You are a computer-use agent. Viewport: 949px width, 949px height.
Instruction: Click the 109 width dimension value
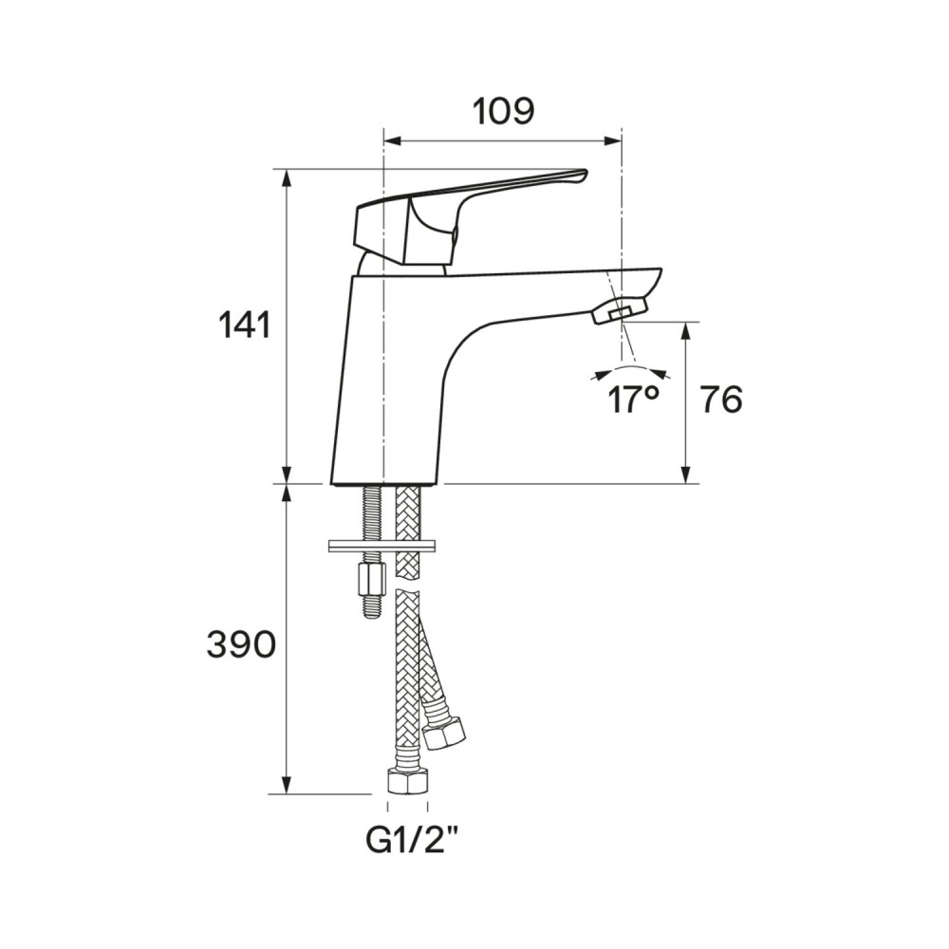tap(503, 112)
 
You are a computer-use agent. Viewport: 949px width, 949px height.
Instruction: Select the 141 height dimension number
tap(245, 326)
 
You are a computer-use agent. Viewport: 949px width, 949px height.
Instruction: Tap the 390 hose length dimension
tap(241, 644)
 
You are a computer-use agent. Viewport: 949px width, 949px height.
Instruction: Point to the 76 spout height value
tap(721, 400)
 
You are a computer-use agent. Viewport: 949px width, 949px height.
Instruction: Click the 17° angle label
tap(632, 400)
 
